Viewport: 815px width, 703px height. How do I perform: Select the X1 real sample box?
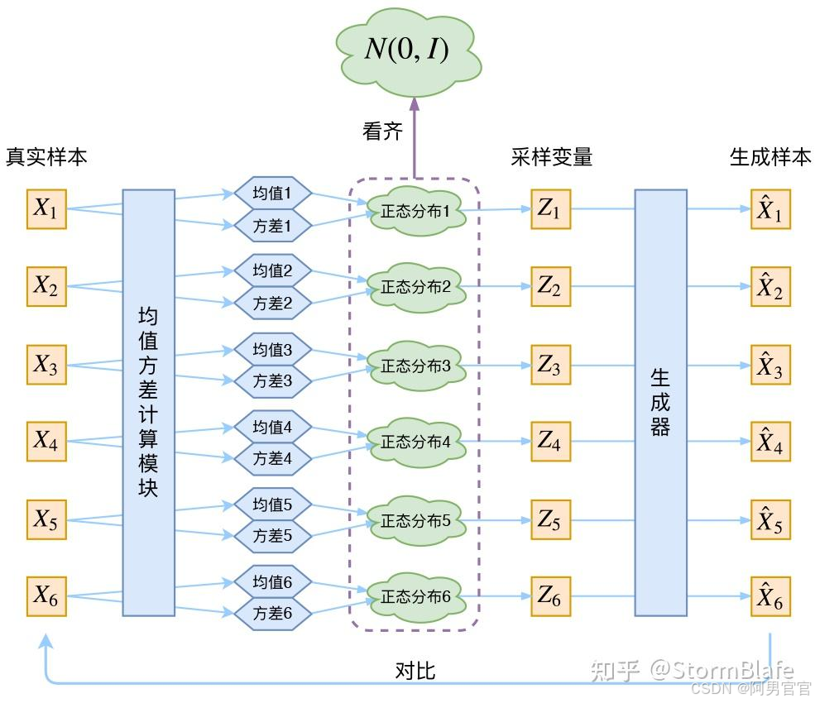46,209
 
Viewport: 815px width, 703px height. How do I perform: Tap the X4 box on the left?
46,442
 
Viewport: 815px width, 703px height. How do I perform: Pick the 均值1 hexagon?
272,194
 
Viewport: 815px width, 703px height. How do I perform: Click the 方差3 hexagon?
272,381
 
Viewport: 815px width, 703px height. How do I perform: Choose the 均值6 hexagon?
272,582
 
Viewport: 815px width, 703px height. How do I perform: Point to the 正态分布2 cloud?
415,287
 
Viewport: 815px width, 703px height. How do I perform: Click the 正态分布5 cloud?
415,521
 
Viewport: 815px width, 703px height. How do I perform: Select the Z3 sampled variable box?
550,365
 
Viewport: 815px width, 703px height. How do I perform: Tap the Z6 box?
550,595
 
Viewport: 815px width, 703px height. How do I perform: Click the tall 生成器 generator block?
660,403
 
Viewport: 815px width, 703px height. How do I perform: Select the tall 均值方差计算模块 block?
149,403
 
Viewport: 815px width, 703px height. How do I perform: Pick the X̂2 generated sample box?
770,287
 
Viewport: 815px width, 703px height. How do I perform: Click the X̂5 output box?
770,521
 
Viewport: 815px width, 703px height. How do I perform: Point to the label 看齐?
382,131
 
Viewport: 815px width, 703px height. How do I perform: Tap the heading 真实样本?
46,157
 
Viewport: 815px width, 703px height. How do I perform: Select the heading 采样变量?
552,157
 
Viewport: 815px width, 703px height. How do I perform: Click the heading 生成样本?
770,157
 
